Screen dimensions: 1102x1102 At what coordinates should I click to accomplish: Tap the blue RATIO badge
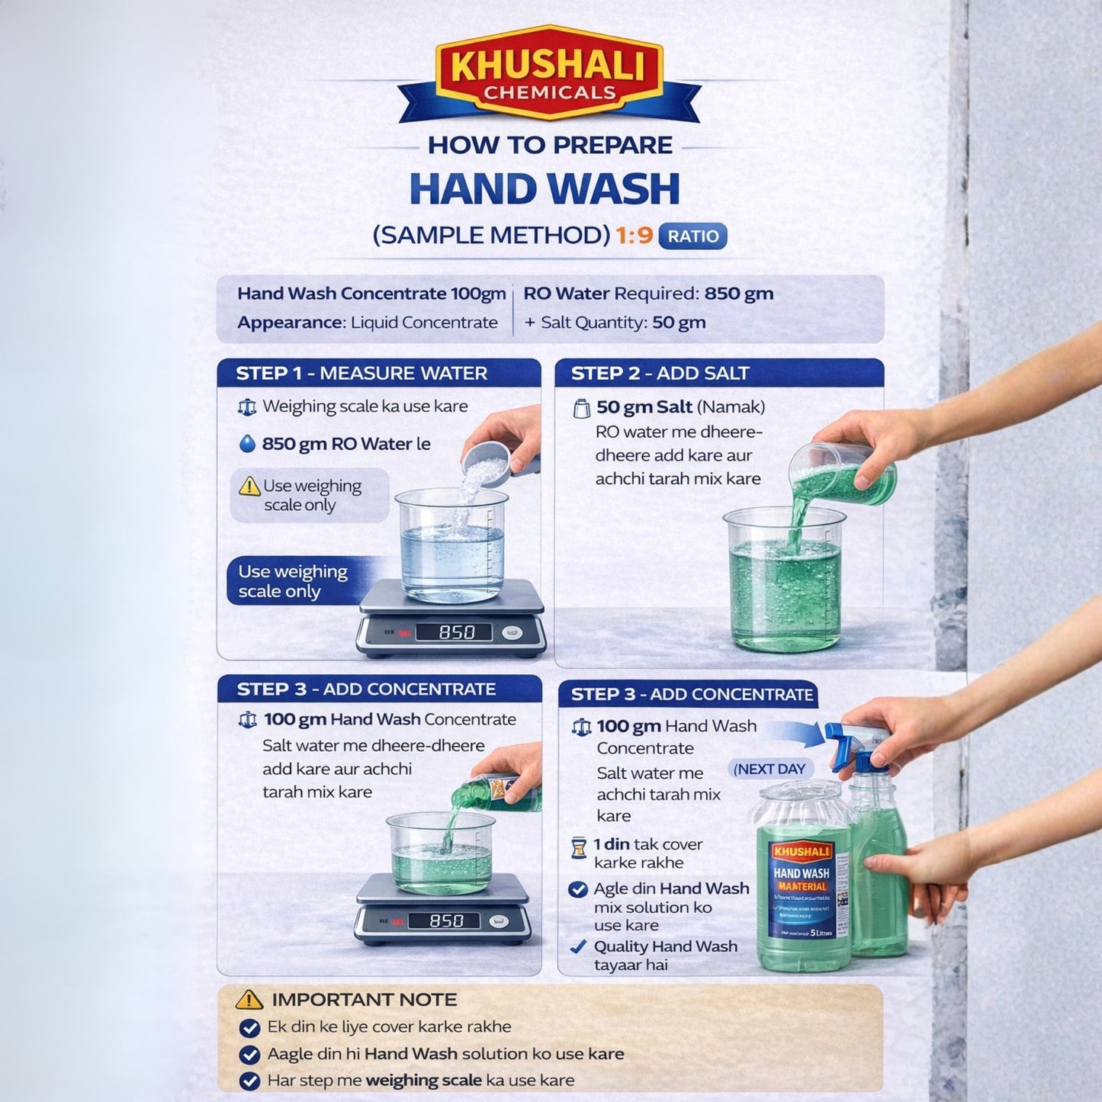(692, 236)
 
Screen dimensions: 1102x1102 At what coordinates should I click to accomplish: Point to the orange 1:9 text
(635, 236)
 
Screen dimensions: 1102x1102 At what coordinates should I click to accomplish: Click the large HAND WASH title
(545, 189)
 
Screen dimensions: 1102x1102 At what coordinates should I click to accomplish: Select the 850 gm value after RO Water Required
(738, 294)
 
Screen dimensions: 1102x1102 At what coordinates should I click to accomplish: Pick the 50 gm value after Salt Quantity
(679, 323)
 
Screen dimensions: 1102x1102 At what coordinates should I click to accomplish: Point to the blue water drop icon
(247, 444)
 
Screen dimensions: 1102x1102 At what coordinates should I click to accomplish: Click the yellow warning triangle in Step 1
(249, 487)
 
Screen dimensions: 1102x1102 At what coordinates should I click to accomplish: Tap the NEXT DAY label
(769, 769)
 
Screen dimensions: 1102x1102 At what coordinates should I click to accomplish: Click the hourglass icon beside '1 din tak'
(579, 847)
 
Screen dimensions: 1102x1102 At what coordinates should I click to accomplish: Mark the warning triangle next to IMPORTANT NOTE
(249, 1000)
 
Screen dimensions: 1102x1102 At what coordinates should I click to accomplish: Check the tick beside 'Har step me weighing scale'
(249, 1081)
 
